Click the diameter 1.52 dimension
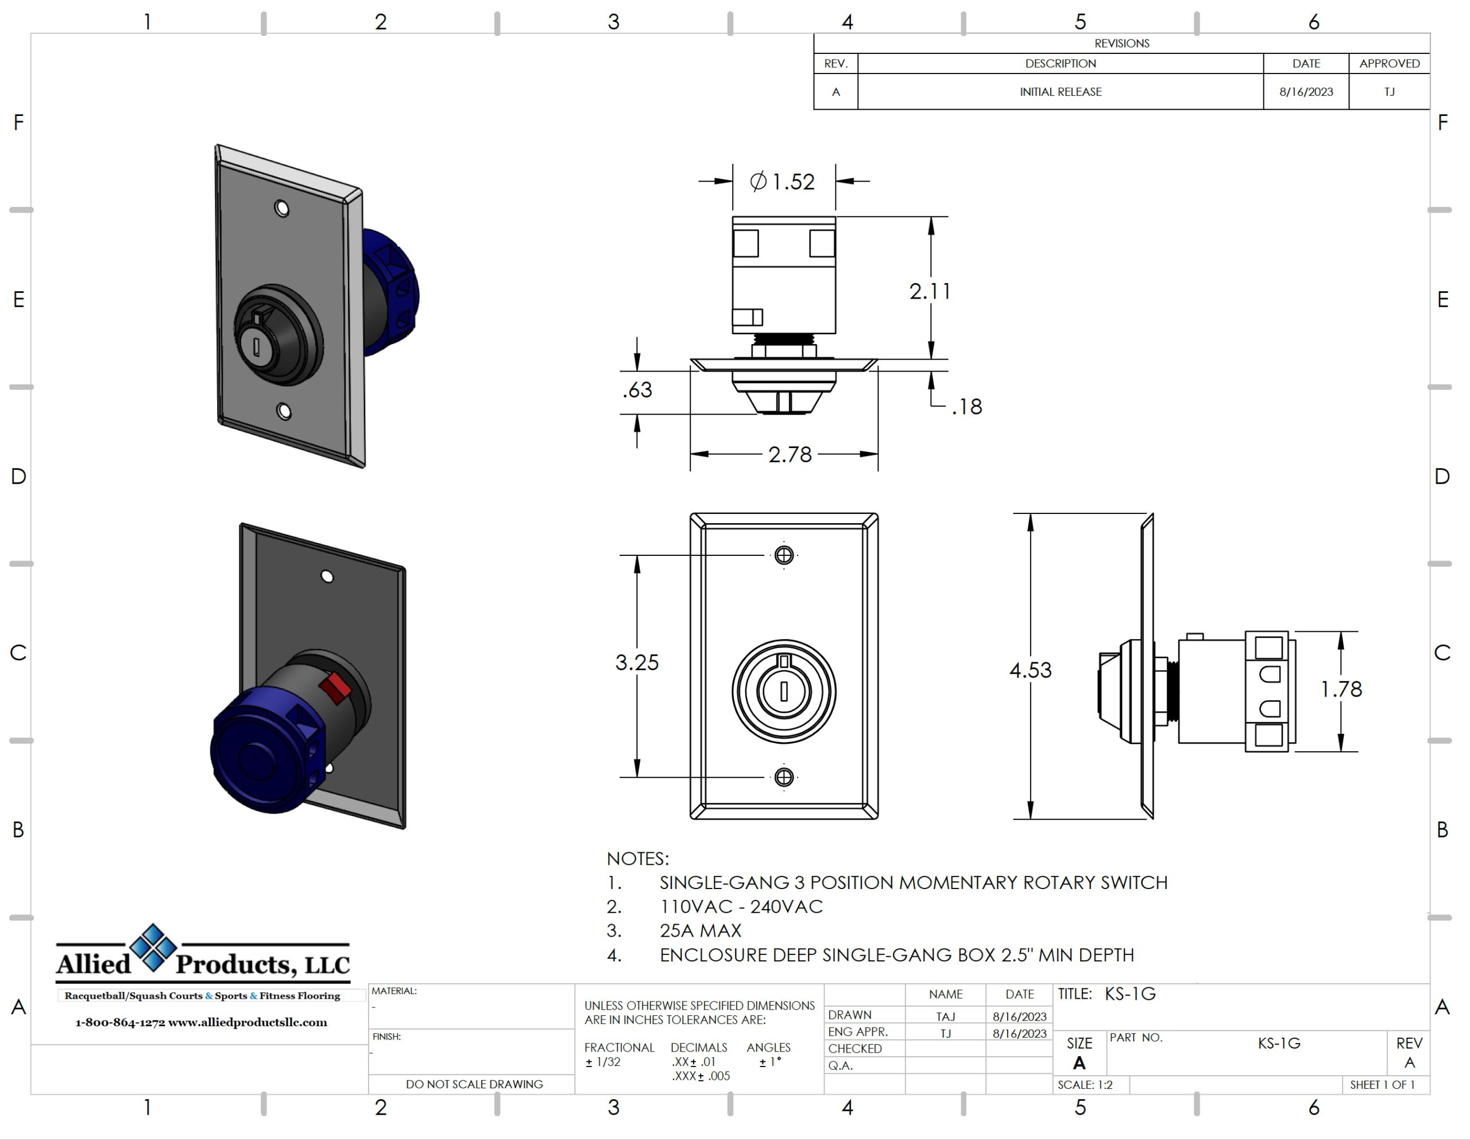point(783,182)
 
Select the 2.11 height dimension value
point(930,292)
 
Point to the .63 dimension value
point(637,390)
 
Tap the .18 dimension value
point(966,407)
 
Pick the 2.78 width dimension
point(790,454)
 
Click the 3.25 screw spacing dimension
point(637,663)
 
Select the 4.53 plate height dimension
point(1030,670)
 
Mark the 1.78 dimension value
point(1341,689)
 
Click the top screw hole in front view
point(783,555)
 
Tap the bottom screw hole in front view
point(783,777)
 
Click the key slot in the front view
point(783,691)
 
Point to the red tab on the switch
point(335,687)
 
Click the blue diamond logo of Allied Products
point(153,948)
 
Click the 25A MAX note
point(700,930)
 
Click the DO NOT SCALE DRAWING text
point(474,1084)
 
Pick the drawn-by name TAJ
point(945,1016)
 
